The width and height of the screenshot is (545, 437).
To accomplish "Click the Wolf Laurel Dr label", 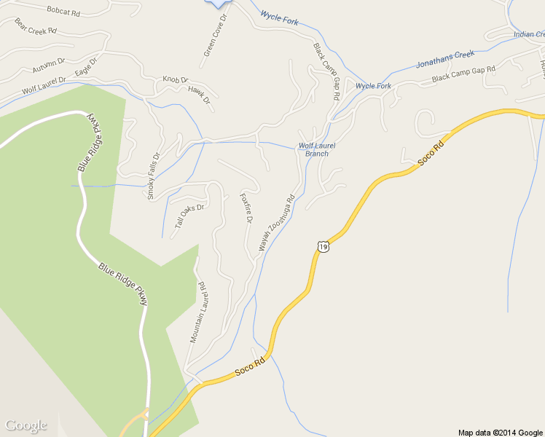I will coord(44,85).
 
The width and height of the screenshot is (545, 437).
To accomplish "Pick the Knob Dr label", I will coord(175,79).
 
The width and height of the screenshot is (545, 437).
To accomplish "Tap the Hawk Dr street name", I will coord(198,94).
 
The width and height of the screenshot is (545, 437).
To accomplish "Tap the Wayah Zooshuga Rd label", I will coord(276,223).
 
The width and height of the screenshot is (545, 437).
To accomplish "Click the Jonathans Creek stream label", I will coord(444,59).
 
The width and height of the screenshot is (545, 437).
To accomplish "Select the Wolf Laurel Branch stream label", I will coord(317,149).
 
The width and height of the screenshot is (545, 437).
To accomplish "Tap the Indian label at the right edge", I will coord(529,34).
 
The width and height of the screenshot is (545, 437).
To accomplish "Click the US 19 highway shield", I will coord(323,248).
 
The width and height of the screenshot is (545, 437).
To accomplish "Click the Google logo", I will coord(26,425).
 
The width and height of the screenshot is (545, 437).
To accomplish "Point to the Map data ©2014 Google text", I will coord(501,432).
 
